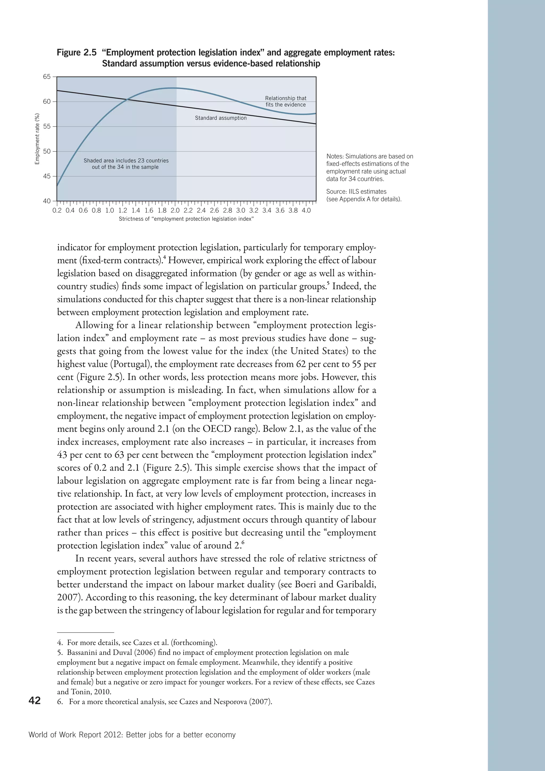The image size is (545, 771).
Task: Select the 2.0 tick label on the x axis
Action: [175, 211]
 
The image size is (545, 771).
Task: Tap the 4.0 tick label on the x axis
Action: [306, 211]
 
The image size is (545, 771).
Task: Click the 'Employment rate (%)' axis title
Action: [37, 139]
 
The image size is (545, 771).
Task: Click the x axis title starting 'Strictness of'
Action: [186, 219]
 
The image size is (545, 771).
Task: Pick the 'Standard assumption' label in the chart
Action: [221, 118]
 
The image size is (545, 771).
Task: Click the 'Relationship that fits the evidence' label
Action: [286, 101]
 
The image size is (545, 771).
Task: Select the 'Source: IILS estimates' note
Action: [356, 191]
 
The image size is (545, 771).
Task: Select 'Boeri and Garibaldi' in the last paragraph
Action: [335, 584]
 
